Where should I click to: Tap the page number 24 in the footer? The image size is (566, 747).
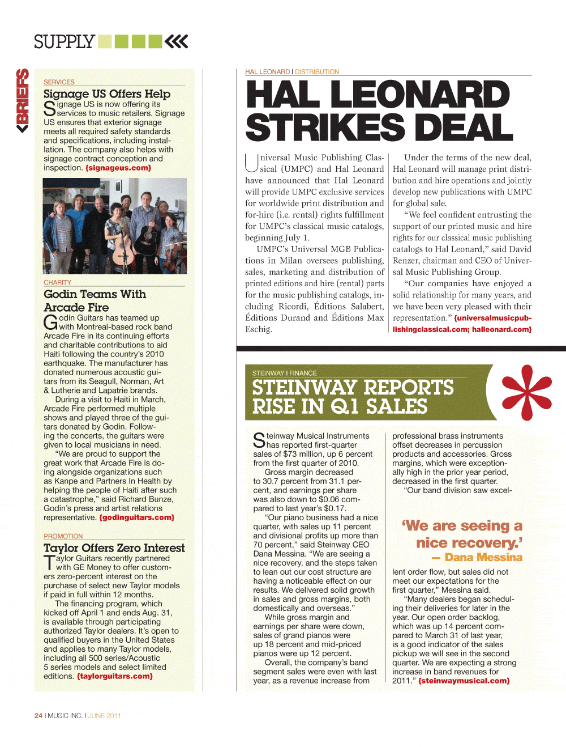click(x=38, y=715)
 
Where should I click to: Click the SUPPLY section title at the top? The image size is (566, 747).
click(x=64, y=42)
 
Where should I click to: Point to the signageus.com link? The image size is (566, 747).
click(x=118, y=168)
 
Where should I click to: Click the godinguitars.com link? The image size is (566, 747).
click(x=137, y=517)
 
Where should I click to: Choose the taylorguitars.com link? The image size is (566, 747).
click(x=115, y=676)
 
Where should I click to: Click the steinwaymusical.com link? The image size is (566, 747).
click(x=464, y=681)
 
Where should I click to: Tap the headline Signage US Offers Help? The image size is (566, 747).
click(x=107, y=94)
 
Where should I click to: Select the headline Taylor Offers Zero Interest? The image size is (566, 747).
click(x=114, y=548)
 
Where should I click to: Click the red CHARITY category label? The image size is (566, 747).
click(x=57, y=282)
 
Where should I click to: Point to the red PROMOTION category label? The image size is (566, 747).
click(x=63, y=536)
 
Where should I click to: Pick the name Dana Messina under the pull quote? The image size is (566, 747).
click(x=483, y=557)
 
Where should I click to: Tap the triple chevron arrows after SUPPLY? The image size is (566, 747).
click(x=176, y=41)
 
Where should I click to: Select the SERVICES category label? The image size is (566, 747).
click(x=59, y=82)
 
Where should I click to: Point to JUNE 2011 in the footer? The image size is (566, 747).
click(x=105, y=715)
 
